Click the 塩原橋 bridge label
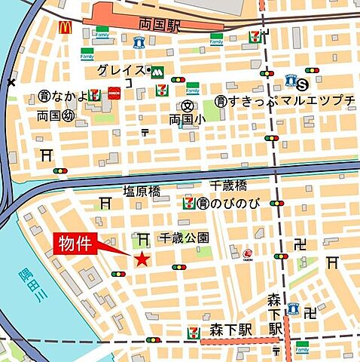coord(142,192)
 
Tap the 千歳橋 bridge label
coord(229,186)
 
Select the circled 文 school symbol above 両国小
coord(184,106)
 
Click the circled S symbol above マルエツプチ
coord(303,84)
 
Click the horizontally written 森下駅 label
coord(230,330)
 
